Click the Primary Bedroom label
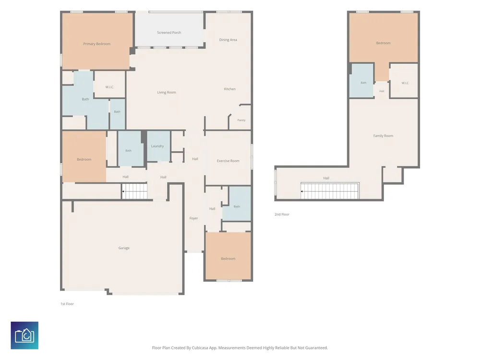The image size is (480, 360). [97, 44]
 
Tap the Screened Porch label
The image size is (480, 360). [169, 33]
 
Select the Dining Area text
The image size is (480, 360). [228, 40]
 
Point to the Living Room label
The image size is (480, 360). [167, 92]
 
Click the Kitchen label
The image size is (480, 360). [230, 89]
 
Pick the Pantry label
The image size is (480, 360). [241, 120]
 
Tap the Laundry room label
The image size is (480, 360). [157, 146]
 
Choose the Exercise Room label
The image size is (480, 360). [228, 161]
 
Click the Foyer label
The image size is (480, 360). [194, 218]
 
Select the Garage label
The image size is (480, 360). [124, 248]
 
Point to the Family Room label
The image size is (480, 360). [383, 136]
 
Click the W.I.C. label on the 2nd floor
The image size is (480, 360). [405, 83]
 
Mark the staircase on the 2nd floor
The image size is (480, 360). [330, 191]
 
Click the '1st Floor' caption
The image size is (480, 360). [67, 304]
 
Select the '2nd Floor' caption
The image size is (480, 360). [282, 214]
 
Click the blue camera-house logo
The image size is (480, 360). [24, 335]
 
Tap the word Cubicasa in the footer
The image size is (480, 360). [200, 348]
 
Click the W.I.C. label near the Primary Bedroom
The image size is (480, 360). [109, 87]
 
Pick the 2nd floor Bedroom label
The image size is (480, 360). [383, 43]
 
